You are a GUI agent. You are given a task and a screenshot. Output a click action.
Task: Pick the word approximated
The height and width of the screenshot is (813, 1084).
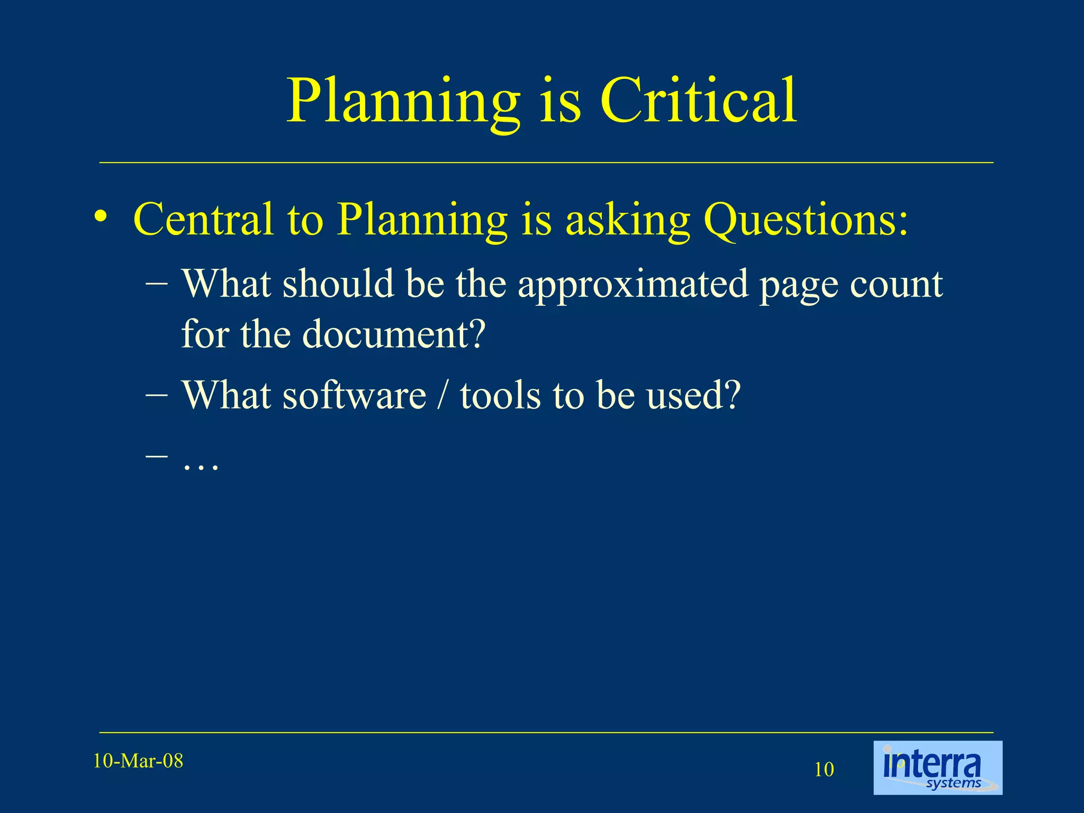point(633,285)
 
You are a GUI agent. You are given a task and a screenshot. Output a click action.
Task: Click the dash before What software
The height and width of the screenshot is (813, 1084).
point(156,394)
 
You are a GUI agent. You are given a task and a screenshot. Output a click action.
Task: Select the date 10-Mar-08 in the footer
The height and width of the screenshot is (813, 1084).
point(138,761)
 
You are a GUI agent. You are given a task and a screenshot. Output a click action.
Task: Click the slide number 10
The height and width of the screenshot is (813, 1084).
point(824,770)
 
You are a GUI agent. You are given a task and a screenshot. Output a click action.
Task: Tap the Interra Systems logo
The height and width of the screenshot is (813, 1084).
point(937,767)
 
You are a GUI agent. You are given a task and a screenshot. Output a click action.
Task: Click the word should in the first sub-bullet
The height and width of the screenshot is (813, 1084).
point(338,284)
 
